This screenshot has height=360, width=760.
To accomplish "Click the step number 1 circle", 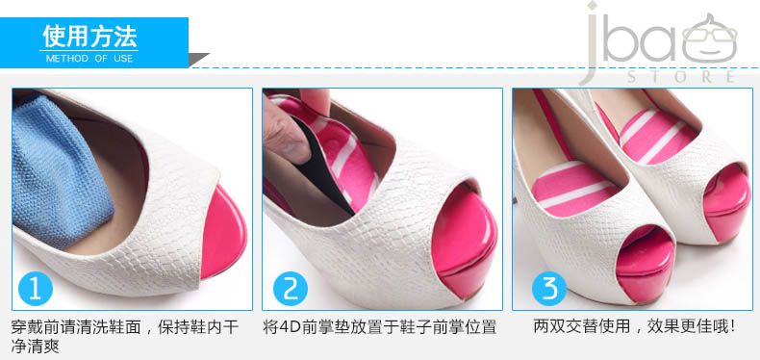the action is click(36, 289).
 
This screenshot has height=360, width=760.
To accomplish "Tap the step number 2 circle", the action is click(291, 289).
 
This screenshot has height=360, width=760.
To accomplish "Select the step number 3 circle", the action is click(549, 289).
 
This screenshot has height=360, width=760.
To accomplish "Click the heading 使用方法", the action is click(89, 37).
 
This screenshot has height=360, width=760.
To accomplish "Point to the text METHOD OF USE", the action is click(89, 59).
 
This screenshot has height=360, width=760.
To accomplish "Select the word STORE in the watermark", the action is click(681, 77).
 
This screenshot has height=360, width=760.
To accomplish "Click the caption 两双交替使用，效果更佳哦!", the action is click(635, 326).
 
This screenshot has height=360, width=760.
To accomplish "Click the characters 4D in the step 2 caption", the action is click(290, 326).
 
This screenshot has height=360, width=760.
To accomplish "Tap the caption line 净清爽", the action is click(36, 347).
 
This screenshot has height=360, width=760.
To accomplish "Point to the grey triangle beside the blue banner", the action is click(197, 59).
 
